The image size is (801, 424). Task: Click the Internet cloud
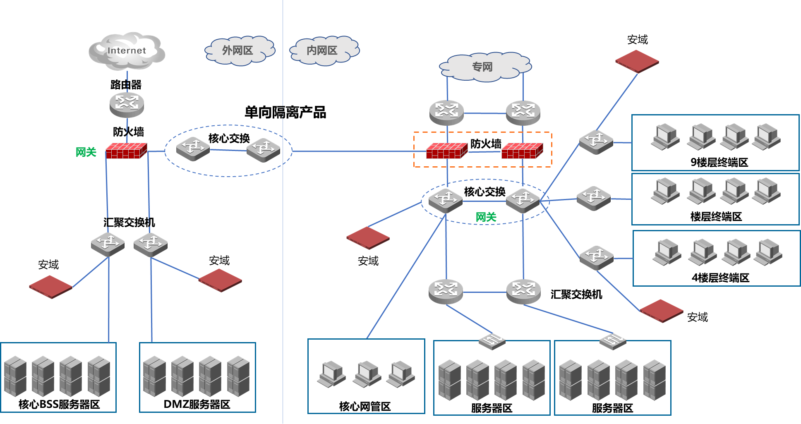[127, 51]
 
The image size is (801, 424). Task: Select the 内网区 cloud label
[323, 50]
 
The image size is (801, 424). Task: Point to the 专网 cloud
[484, 67]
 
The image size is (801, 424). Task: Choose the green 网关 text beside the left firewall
[86, 152]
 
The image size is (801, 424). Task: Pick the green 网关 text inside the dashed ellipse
[486, 217]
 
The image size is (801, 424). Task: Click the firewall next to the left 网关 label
[126, 151]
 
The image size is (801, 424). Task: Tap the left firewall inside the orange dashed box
[447, 151]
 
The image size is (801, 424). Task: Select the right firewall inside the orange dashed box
[522, 151]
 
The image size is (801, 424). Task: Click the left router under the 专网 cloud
[446, 112]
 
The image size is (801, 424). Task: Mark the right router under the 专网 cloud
[523, 112]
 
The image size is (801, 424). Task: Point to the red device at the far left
[50, 286]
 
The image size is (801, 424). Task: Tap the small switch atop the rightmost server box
[613, 340]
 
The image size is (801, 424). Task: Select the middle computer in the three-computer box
[367, 374]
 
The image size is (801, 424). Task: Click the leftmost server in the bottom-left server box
[15, 376]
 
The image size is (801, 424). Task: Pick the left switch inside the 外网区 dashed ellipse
[193, 148]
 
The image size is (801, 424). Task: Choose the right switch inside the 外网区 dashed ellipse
[263, 149]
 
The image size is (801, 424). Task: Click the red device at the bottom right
[661, 310]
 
